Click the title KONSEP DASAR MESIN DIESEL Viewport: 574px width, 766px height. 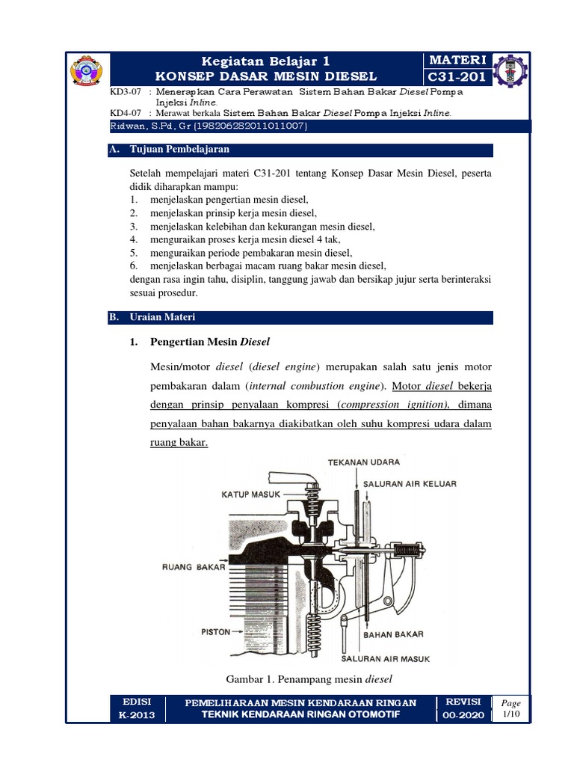267,76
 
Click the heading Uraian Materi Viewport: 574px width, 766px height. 162,317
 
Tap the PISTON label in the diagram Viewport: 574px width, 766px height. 216,632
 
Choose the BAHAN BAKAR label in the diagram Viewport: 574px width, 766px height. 393,634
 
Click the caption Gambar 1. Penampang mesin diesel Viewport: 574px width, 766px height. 309,678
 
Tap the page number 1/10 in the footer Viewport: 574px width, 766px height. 511,714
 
